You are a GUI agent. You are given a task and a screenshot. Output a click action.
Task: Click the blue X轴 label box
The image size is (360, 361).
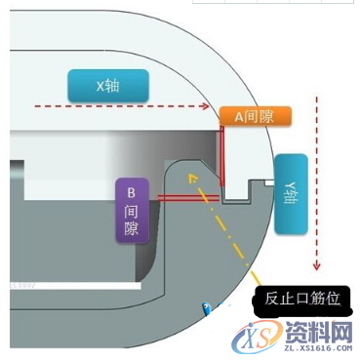point(108,85)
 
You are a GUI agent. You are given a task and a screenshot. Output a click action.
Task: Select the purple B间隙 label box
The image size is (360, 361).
point(132,208)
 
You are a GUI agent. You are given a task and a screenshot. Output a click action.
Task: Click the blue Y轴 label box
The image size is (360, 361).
point(291,193)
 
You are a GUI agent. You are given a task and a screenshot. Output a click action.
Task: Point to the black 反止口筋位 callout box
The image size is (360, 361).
point(301,299)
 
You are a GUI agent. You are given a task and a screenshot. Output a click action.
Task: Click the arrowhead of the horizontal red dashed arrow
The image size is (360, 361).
point(209,105)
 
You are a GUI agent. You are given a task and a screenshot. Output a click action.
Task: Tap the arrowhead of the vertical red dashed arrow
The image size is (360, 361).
point(315,265)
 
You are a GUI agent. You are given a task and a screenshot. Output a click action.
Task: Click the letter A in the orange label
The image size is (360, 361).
point(237,116)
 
